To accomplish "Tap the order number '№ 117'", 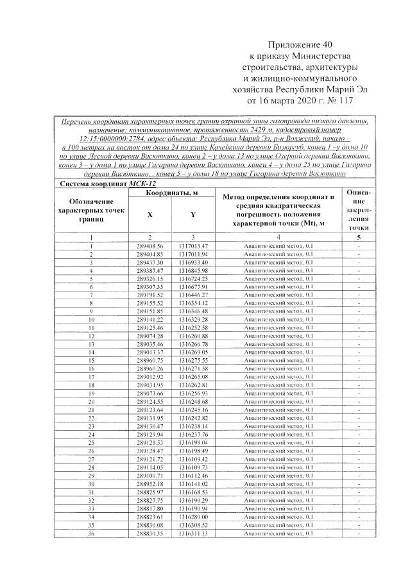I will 339,101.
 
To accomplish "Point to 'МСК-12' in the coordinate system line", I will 142,184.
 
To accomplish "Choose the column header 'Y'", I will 192,214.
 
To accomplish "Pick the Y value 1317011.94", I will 193,255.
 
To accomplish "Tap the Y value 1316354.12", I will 193,303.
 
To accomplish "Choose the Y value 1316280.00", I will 193,516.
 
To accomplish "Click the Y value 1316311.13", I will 193,533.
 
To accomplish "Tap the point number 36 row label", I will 91,533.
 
